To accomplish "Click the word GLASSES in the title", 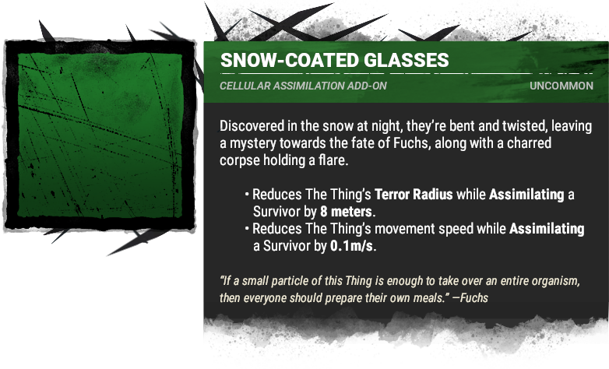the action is click(x=407, y=60).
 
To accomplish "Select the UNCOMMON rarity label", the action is click(x=561, y=86).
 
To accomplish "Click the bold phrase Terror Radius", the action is click(x=414, y=194).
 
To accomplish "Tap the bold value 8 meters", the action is click(x=346, y=212).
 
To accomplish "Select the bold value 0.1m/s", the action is click(x=351, y=246).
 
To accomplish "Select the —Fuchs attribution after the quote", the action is click(x=470, y=298).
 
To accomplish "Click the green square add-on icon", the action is click(x=100, y=135).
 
